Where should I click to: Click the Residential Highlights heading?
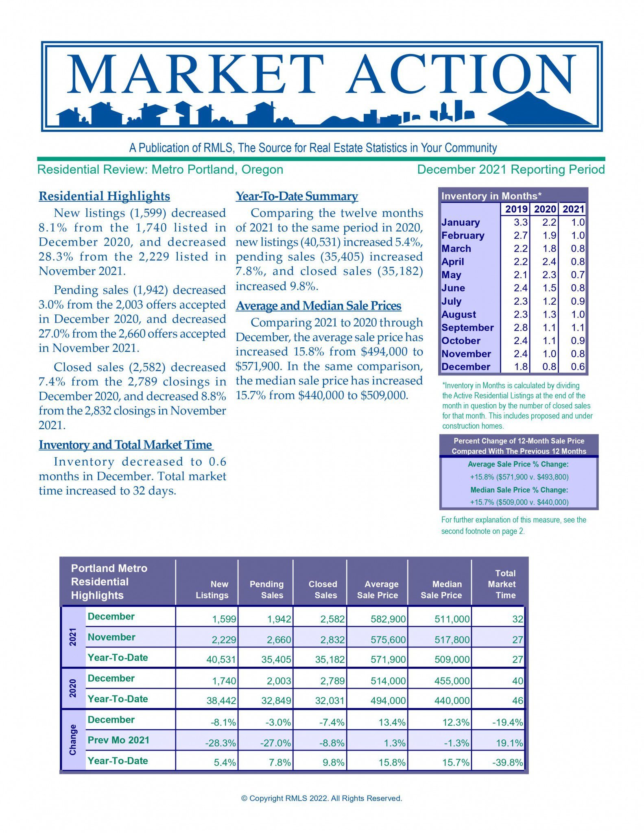click(104, 196)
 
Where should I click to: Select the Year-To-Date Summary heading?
click(297, 196)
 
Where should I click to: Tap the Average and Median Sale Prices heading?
click(319, 305)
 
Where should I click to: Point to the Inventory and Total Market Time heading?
click(126, 445)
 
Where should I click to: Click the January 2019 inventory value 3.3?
click(520, 222)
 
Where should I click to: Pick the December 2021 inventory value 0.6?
click(577, 366)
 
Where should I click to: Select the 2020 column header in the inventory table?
click(545, 209)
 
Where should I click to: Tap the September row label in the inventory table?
click(467, 327)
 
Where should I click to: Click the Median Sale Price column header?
click(441, 589)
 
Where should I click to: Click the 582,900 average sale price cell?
click(388, 619)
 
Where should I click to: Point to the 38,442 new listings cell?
click(221, 700)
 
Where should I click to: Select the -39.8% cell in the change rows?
click(507, 762)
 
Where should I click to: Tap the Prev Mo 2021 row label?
click(118, 740)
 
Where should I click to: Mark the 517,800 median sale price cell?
click(452, 640)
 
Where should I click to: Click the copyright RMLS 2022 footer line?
click(321, 798)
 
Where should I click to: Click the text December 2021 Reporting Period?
click(511, 170)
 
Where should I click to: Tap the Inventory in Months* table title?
click(491, 196)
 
